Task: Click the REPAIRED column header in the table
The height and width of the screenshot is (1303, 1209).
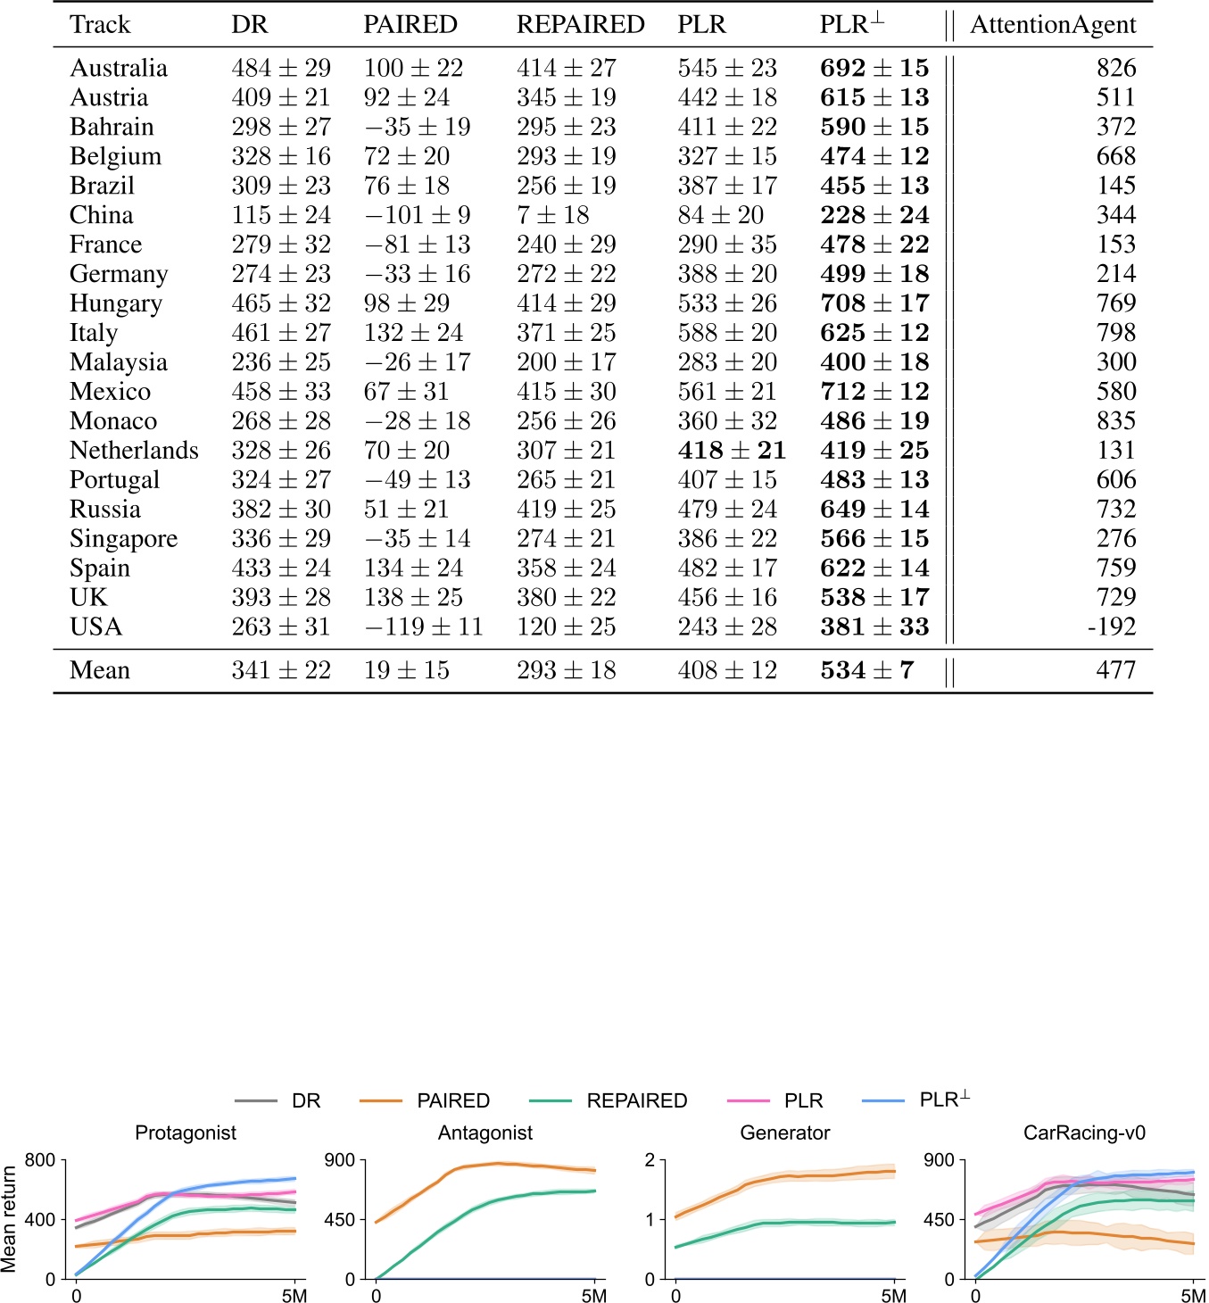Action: tap(580, 25)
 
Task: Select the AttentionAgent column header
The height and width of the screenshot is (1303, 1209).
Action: tap(1053, 25)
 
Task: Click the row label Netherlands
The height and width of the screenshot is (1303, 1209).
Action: tap(134, 450)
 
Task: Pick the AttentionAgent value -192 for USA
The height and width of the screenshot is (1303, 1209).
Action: tap(1112, 627)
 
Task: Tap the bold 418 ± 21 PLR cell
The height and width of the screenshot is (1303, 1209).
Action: tap(732, 450)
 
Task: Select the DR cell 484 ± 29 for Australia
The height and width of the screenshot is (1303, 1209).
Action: tap(281, 68)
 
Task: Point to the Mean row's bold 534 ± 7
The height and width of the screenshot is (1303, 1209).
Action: tap(867, 670)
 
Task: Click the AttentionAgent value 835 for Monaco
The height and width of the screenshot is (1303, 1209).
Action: tap(1116, 420)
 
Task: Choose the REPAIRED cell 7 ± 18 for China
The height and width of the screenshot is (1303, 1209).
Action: tap(552, 215)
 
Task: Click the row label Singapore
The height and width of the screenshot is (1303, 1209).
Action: tap(123, 539)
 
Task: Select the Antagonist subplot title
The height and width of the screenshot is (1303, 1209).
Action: tap(485, 1133)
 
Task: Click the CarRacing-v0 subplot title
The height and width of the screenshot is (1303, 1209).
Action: tap(1084, 1133)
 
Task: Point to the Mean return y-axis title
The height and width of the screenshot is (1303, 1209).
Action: tap(10, 1218)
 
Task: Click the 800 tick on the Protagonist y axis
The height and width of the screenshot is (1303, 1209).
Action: tap(40, 1160)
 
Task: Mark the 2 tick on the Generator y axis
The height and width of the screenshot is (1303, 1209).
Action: tap(650, 1160)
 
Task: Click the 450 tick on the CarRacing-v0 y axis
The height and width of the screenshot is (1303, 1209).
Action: tap(939, 1219)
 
